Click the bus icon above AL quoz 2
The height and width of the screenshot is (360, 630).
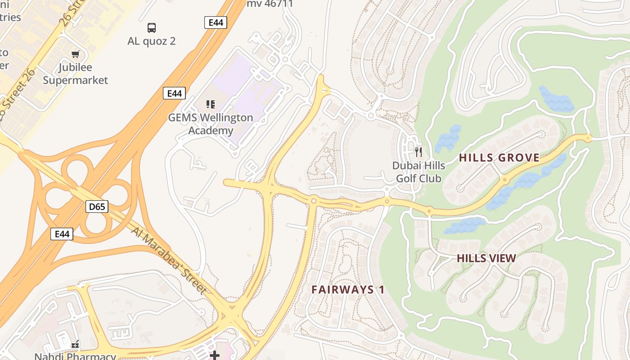[x=152, y=28]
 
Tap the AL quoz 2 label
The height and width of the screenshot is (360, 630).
[x=152, y=41]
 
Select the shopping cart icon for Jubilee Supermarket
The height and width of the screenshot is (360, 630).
[x=75, y=54]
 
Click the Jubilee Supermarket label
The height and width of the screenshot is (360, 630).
[x=76, y=74]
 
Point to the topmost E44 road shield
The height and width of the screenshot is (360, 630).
[x=216, y=22]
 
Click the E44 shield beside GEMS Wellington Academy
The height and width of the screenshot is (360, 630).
[x=174, y=93]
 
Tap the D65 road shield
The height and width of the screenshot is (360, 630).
[x=97, y=207]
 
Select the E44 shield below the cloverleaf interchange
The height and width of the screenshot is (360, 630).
[x=62, y=234]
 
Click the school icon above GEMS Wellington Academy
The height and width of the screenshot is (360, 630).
[x=210, y=104]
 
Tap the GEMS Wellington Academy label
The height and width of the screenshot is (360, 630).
[x=211, y=124]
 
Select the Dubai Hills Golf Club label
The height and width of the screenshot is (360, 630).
[x=418, y=172]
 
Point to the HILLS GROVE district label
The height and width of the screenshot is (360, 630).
[x=499, y=158]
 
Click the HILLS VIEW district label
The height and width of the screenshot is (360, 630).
[x=486, y=258]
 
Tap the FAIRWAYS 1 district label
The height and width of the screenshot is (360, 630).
[x=348, y=289]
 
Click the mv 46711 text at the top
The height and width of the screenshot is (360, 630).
[x=270, y=4]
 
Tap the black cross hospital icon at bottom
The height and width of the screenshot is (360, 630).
[x=215, y=355]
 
